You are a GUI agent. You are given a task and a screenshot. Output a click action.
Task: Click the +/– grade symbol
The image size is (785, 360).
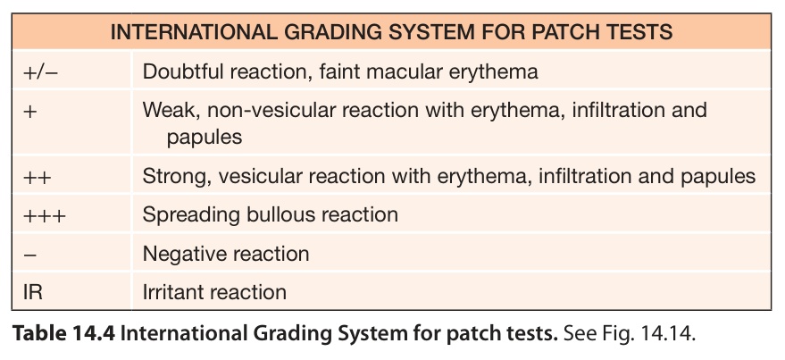click(x=40, y=71)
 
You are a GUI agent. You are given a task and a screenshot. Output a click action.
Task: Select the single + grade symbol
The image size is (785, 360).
click(x=30, y=111)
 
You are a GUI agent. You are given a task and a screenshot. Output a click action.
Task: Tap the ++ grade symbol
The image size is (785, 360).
click(x=37, y=176)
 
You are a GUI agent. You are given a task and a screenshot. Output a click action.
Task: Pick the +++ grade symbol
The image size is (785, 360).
click(x=44, y=215)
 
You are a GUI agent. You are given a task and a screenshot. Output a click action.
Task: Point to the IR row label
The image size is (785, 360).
click(x=32, y=292)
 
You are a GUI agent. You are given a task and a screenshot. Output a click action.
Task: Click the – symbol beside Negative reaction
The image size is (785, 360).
click(x=29, y=255)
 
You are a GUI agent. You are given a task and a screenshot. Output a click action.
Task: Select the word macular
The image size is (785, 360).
click(x=395, y=71)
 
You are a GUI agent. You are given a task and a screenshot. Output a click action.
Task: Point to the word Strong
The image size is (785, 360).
click(x=172, y=176)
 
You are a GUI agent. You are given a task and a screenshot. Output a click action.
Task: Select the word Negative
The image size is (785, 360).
click(x=180, y=254)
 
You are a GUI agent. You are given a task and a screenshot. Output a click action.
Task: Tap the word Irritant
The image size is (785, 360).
click(x=171, y=292)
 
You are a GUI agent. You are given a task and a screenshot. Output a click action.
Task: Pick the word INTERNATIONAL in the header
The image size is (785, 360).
click(x=192, y=32)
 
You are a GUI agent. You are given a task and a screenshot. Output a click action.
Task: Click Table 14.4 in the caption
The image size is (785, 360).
click(x=64, y=334)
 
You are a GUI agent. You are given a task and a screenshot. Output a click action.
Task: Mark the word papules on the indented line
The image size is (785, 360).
click(x=205, y=138)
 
